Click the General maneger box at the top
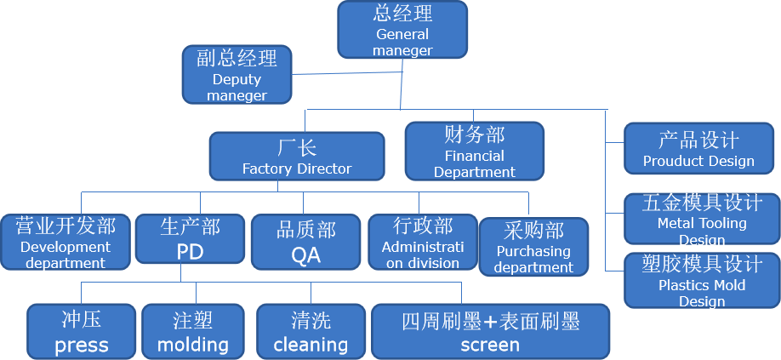(402, 30)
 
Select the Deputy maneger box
(237, 74)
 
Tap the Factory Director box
(296, 157)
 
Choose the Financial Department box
(474, 151)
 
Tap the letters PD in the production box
(191, 253)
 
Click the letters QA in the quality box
(306, 254)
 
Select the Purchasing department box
(533, 247)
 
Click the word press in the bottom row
(82, 346)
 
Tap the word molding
(193, 345)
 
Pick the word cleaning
(311, 345)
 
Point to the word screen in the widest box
(490, 345)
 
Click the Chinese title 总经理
(402, 14)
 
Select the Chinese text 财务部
(474, 134)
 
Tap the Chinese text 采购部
(533, 230)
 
